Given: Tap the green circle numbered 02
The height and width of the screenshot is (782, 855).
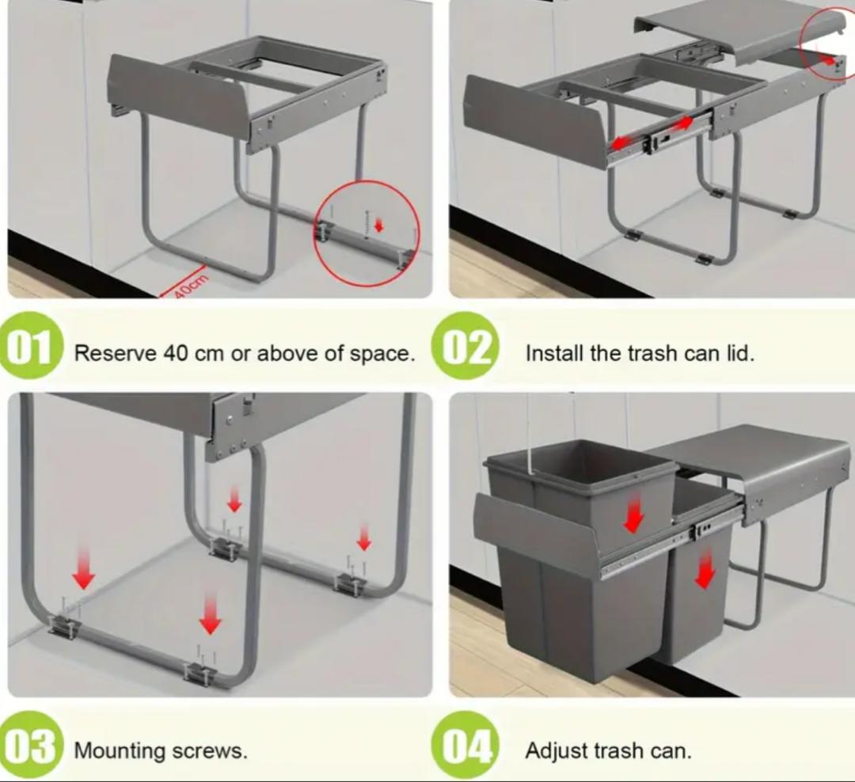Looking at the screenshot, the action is (x=465, y=344).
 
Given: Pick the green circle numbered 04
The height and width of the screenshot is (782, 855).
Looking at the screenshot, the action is (x=464, y=745).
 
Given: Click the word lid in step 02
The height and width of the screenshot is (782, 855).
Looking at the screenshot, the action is (x=740, y=353).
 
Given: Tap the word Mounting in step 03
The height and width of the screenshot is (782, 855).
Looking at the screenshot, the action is (x=120, y=751).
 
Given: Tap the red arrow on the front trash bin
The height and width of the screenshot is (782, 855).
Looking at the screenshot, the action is (x=633, y=516).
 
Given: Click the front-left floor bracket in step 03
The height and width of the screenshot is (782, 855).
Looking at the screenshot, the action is (x=64, y=627).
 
